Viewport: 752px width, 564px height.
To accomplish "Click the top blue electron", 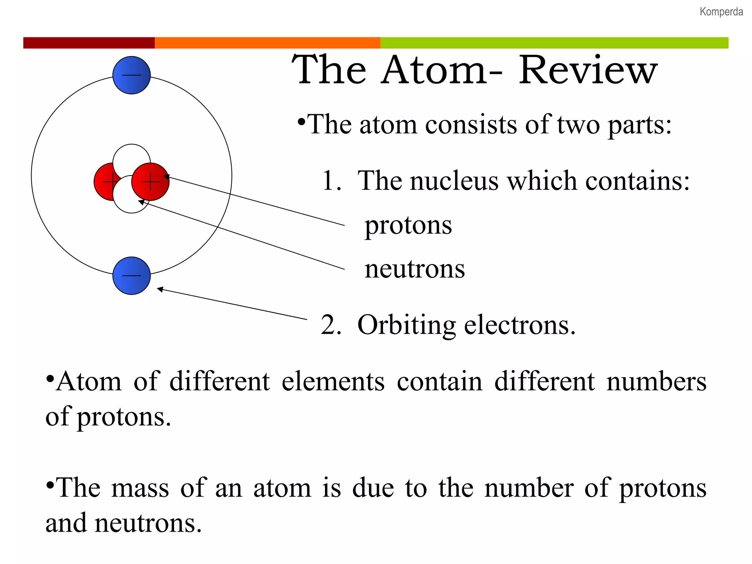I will [x=131, y=75].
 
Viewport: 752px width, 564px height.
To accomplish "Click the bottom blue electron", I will [x=131, y=275].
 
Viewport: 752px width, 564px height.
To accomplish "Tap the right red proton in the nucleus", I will [x=152, y=182].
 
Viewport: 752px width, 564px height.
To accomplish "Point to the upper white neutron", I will [x=131, y=156].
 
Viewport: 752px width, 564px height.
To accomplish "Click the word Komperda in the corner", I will [x=721, y=12].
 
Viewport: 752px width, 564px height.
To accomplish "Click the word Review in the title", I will [x=588, y=70].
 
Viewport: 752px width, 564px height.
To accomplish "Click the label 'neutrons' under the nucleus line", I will [x=415, y=269].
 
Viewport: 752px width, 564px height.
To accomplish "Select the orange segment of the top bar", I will [x=267, y=43].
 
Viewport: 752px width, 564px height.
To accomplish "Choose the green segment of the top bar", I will [x=554, y=43].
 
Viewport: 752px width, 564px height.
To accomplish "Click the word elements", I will [x=333, y=381].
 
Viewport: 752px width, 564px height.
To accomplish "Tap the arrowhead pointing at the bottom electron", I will [x=160, y=289].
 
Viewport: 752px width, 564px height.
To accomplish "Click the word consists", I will [x=472, y=125].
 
